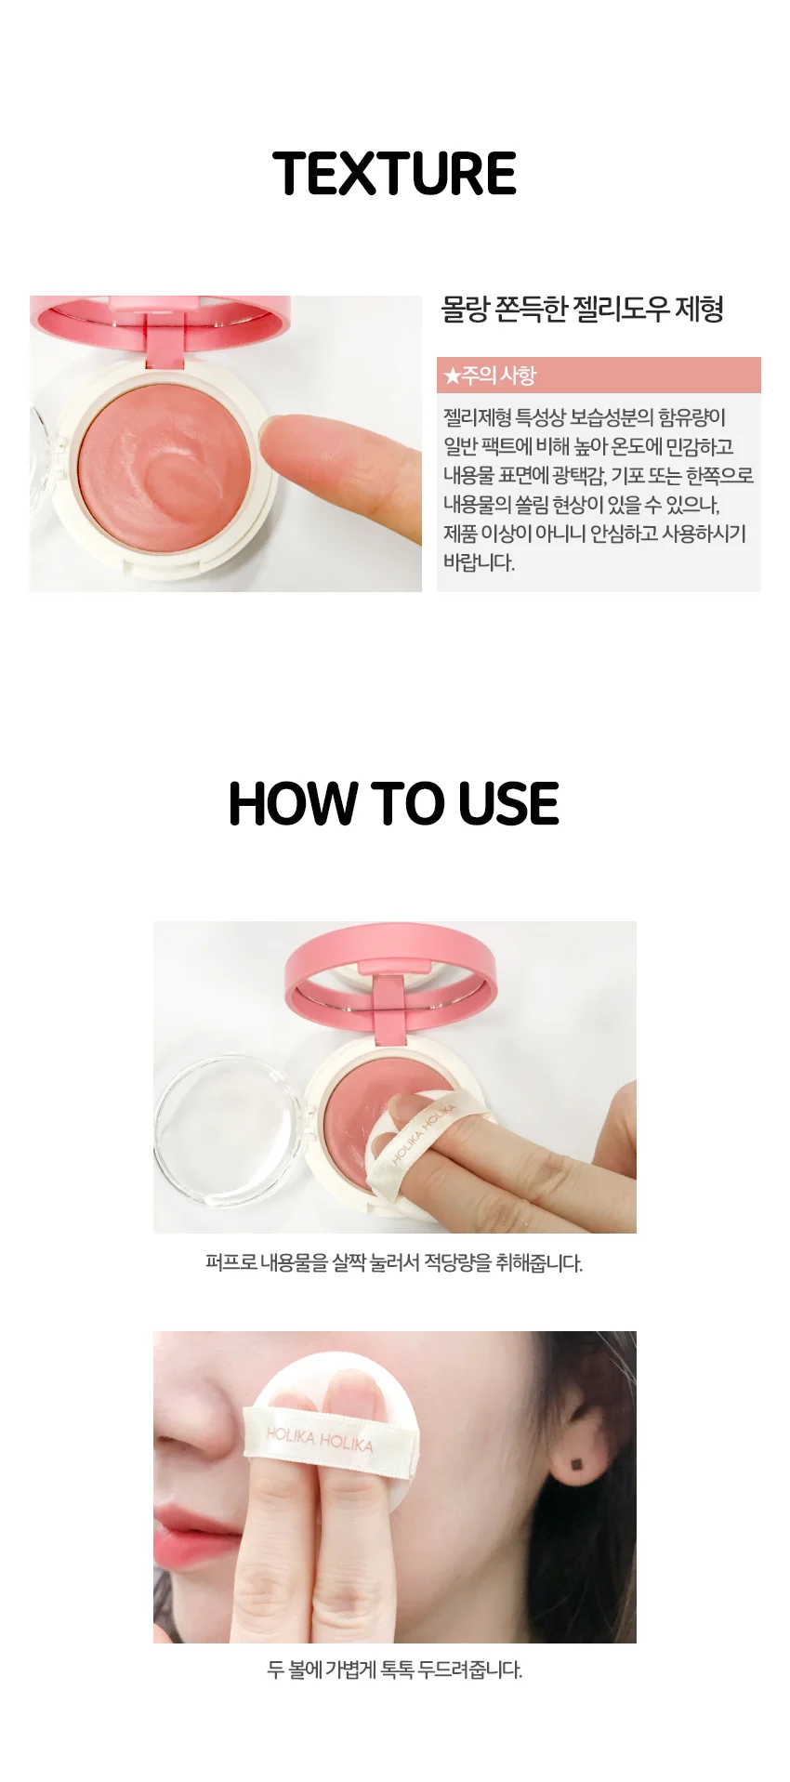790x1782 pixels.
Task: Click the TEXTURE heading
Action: point(395,174)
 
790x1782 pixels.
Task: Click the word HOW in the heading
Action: point(293,804)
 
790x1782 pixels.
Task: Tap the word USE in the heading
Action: point(508,804)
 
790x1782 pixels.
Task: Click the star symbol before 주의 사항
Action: point(452,376)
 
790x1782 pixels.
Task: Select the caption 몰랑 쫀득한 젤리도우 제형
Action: point(583,309)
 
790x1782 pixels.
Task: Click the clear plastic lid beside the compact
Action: point(228,1129)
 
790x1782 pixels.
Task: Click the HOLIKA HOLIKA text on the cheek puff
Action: point(320,1440)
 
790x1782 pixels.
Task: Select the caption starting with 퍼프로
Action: point(394,1262)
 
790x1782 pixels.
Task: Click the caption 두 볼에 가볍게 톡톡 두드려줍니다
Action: point(394,1670)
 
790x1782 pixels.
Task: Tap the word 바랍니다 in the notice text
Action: point(479,562)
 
